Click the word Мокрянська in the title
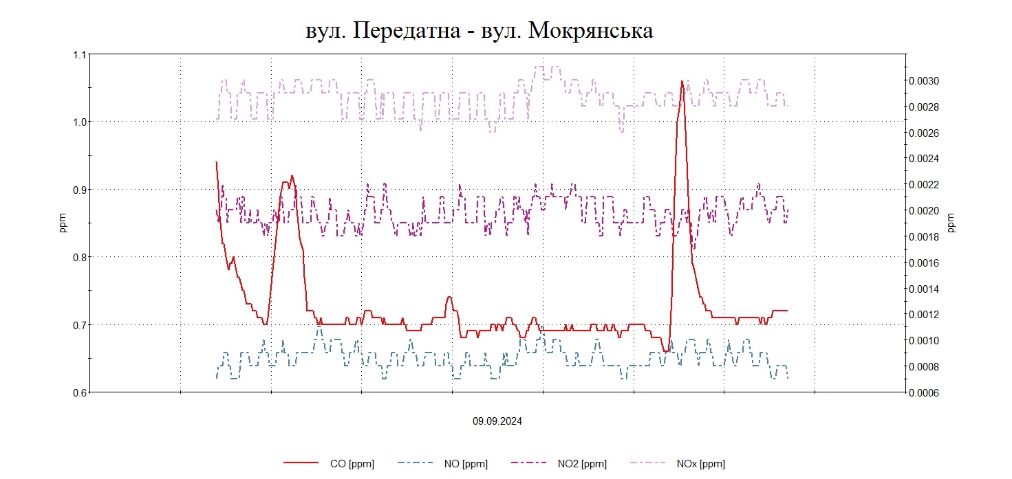(x=590, y=32)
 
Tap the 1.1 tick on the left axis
(x=80, y=54)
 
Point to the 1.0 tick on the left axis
(x=80, y=122)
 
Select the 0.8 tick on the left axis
(x=80, y=257)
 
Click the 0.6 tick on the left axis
(x=80, y=392)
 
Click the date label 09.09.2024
(x=497, y=421)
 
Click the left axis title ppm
(x=63, y=223)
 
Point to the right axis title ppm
(x=951, y=223)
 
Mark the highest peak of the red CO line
(x=682, y=81)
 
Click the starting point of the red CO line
(x=216, y=162)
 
